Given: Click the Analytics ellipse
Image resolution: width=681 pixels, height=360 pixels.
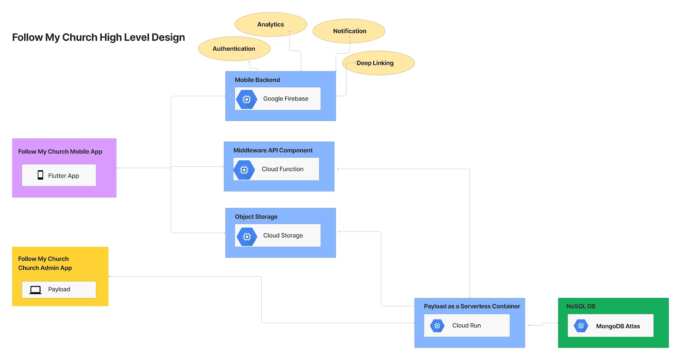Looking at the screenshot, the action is pyautogui.click(x=271, y=24).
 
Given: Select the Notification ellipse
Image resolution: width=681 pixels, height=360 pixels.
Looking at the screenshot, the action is pyautogui.click(x=349, y=31).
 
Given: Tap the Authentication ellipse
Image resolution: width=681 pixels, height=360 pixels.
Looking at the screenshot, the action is pyautogui.click(x=234, y=49).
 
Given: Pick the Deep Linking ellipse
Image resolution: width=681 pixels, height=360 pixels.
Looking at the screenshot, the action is pyautogui.click(x=378, y=63).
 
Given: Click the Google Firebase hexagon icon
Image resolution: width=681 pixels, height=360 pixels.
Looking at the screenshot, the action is pyautogui.click(x=246, y=99).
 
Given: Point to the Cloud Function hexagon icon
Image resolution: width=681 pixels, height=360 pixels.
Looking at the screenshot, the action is pyautogui.click(x=244, y=170).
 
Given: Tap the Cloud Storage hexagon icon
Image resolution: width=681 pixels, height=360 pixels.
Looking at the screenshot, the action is pyautogui.click(x=247, y=236).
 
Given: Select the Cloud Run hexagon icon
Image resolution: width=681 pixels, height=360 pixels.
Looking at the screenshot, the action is pyautogui.click(x=437, y=326).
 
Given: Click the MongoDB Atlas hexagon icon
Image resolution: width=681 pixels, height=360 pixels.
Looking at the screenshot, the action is pyautogui.click(x=581, y=326).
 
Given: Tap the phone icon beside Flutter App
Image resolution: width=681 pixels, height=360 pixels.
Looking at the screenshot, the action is pyautogui.click(x=40, y=175).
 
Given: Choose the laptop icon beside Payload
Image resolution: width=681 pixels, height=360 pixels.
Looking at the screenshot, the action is pyautogui.click(x=35, y=290).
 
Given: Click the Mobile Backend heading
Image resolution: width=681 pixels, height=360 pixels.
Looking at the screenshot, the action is pyautogui.click(x=258, y=80).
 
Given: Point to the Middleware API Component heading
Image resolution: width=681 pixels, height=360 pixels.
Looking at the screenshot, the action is pyautogui.click(x=273, y=150).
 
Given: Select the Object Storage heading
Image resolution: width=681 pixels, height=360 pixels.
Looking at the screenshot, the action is pyautogui.click(x=256, y=217).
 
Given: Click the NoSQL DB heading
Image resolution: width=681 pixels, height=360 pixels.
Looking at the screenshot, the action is pyautogui.click(x=581, y=306).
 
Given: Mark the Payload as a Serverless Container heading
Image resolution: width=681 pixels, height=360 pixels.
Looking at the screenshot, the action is pyautogui.click(x=472, y=306).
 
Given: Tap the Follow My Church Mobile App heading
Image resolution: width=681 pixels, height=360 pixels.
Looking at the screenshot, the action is pyautogui.click(x=60, y=151).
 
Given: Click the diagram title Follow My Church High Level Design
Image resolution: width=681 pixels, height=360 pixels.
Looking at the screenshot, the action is pyautogui.click(x=98, y=37).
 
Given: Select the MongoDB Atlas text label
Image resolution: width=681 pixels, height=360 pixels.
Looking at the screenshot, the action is pyautogui.click(x=618, y=326).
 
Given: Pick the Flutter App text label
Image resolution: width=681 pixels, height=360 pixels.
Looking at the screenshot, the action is pyautogui.click(x=63, y=176).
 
